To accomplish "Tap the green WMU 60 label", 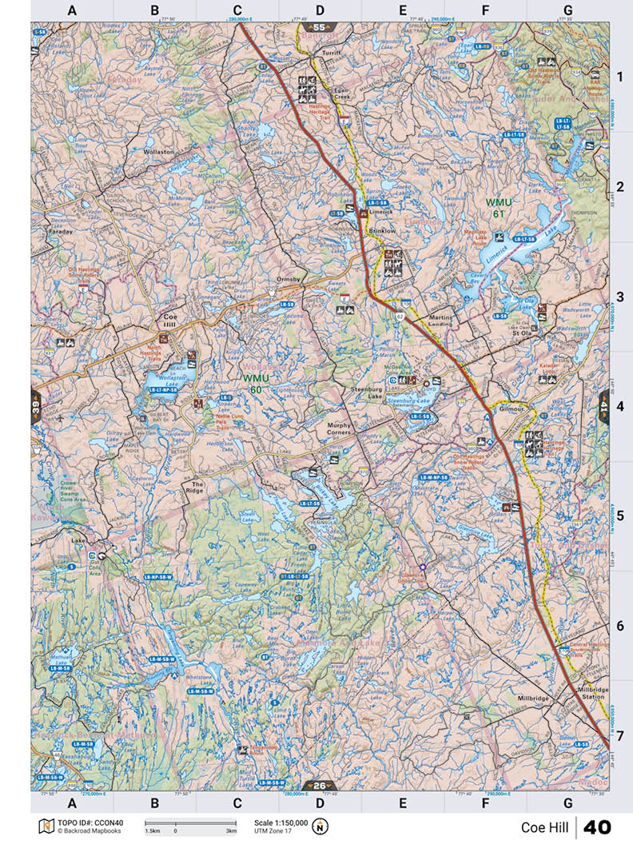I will click(x=257, y=383).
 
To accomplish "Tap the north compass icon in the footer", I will click(x=321, y=826).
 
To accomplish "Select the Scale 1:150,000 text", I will click(x=280, y=822).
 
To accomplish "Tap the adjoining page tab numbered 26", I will click(x=318, y=784).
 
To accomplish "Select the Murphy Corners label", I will click(x=339, y=429).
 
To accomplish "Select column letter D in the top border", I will click(x=320, y=10).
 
